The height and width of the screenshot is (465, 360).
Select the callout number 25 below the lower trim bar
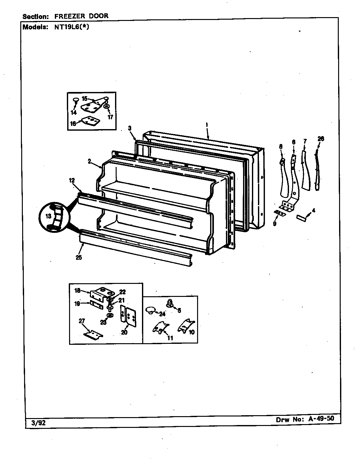click(79, 258)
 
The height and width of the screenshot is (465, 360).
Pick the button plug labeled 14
click(76, 100)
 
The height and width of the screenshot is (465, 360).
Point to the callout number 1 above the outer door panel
click(207, 126)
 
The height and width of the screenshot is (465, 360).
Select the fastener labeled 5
click(170, 304)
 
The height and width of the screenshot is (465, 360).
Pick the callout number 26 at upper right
click(321, 139)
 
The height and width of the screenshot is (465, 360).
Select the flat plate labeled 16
click(89, 121)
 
